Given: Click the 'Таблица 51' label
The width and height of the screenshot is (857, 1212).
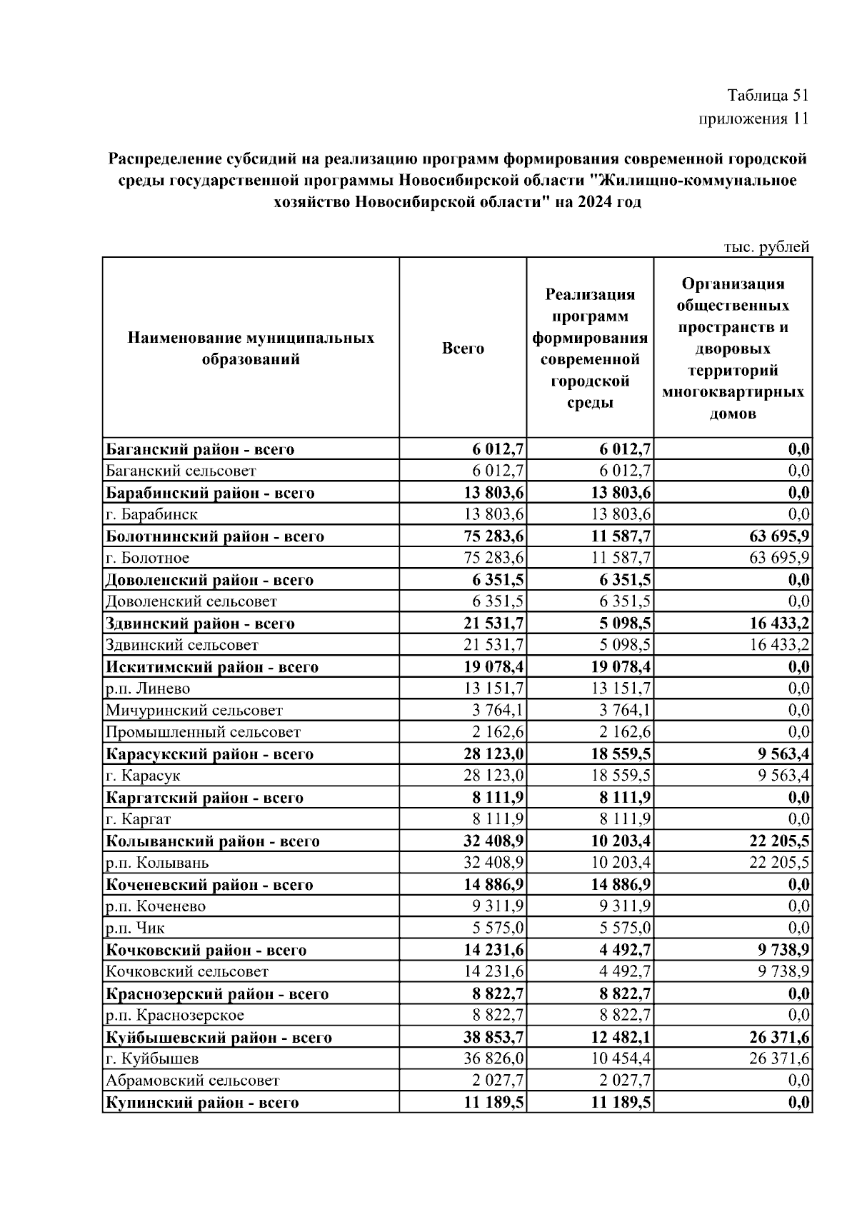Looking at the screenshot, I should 767,95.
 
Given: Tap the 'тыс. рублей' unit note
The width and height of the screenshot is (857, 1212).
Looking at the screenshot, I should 766,247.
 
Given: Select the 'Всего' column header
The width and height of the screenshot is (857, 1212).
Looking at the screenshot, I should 463,349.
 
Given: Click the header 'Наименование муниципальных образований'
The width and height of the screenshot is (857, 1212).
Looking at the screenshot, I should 251,349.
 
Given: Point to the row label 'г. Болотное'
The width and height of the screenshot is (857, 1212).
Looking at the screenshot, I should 148,558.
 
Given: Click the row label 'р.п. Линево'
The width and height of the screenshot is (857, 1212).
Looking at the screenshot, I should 148,688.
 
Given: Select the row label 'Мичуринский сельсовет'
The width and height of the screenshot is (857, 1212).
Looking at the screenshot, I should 194,711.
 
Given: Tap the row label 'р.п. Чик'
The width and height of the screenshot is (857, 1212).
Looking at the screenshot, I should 135,928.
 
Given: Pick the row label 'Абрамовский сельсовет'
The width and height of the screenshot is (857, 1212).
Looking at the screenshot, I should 193,1081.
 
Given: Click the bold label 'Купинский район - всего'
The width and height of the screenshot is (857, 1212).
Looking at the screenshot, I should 202,1103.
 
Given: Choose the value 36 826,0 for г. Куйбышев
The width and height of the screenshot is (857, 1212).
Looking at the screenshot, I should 494,1059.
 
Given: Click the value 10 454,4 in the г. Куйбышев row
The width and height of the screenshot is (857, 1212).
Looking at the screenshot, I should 621,1059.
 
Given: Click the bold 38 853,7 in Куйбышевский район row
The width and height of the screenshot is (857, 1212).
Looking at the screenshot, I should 493,1038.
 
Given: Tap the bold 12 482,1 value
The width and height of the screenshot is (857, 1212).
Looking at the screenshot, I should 620,1038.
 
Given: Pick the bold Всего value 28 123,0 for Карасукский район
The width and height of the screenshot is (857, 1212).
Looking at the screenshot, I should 493,754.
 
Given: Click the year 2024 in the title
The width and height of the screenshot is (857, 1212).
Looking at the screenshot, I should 596,202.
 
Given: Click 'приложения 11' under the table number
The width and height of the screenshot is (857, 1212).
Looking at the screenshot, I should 753,119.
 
